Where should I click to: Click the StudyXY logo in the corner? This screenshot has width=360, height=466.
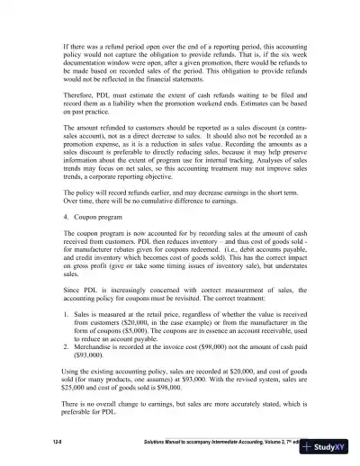pos(332,446)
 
